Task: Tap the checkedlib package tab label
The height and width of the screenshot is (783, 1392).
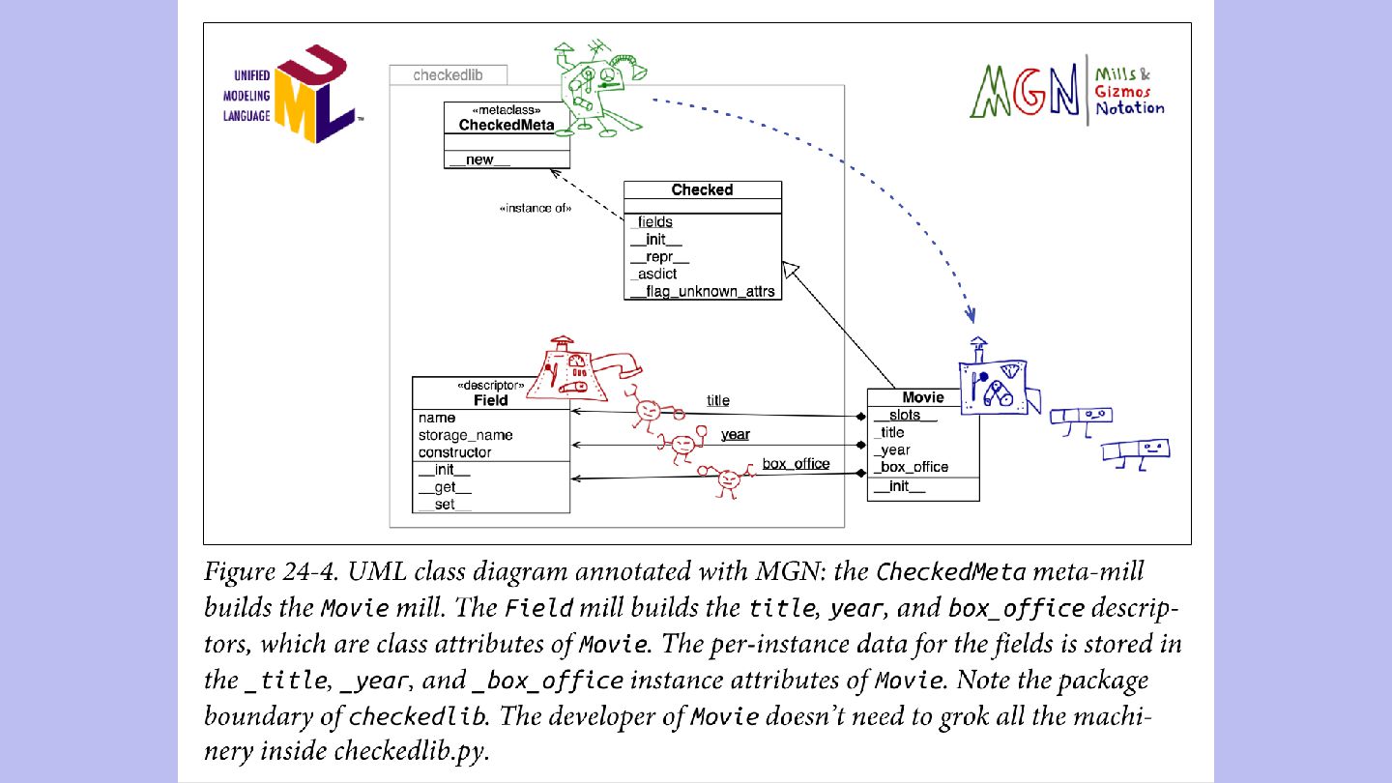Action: pyautogui.click(x=448, y=75)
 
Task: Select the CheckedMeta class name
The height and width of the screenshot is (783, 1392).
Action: pyautogui.click(x=507, y=125)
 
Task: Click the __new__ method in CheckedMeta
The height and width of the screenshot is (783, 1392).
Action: pyautogui.click(x=479, y=159)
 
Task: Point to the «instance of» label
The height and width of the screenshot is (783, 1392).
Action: pyautogui.click(x=536, y=208)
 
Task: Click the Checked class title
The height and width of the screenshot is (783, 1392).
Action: pyautogui.click(x=702, y=189)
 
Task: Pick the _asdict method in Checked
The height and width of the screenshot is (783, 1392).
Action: pyautogui.click(x=653, y=275)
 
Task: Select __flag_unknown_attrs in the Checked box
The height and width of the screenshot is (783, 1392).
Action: pyautogui.click(x=702, y=292)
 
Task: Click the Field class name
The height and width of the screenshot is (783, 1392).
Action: pyautogui.click(x=490, y=400)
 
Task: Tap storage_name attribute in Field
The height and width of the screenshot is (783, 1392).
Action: pyautogui.click(x=466, y=435)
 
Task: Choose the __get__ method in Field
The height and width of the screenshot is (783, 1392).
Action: pyautogui.click(x=445, y=487)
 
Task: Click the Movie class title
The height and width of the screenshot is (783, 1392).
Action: pyautogui.click(x=923, y=397)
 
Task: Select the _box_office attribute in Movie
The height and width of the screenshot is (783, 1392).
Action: pyautogui.click(x=911, y=467)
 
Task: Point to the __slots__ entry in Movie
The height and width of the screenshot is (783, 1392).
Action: pyautogui.click(x=904, y=415)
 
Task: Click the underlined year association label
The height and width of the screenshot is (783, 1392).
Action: pyautogui.click(x=735, y=434)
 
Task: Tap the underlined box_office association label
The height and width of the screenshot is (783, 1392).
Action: pyautogui.click(x=797, y=464)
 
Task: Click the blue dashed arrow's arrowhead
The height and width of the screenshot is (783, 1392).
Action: pyautogui.click(x=971, y=314)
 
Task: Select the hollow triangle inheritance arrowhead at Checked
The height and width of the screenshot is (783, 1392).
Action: pyautogui.click(x=790, y=270)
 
